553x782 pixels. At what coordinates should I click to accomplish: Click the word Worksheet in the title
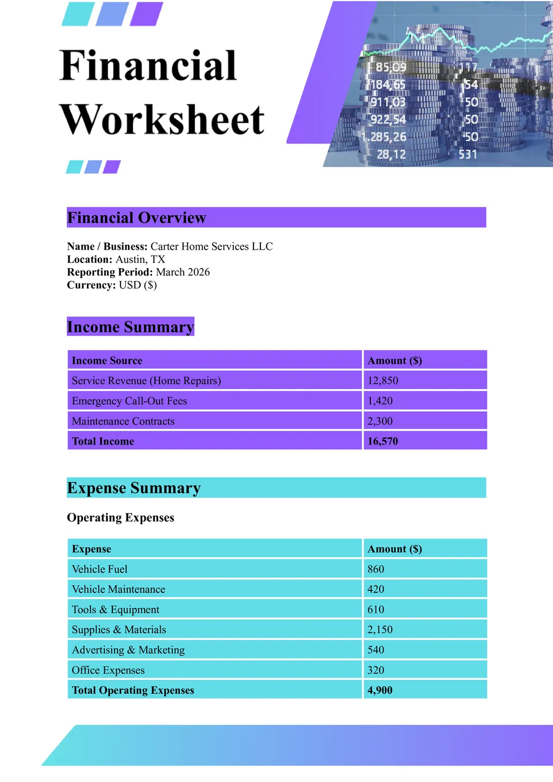pyautogui.click(x=162, y=120)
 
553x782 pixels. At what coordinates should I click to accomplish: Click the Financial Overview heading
pyautogui.click(x=137, y=217)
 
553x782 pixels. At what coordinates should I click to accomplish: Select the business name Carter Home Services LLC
pyautogui.click(x=211, y=246)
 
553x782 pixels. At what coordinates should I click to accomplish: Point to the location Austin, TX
pyautogui.click(x=140, y=260)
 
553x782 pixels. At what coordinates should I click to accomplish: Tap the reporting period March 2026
pyautogui.click(x=183, y=272)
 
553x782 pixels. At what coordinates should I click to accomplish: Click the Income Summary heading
pyautogui.click(x=130, y=327)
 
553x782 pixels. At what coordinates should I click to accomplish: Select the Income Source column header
pyautogui.click(x=107, y=360)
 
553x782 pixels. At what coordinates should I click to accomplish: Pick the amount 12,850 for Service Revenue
pyautogui.click(x=382, y=381)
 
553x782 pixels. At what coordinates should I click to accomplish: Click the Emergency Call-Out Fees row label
pyautogui.click(x=129, y=401)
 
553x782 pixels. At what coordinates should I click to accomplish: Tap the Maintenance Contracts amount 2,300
pyautogui.click(x=380, y=421)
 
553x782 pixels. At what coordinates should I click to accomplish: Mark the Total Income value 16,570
pyautogui.click(x=382, y=441)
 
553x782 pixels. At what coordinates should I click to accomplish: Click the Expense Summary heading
pyautogui.click(x=134, y=488)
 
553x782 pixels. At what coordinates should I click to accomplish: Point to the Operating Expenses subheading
pyautogui.click(x=120, y=517)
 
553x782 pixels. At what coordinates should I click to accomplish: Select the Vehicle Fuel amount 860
pyautogui.click(x=376, y=569)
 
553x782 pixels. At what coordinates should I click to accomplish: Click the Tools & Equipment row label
pyautogui.click(x=115, y=610)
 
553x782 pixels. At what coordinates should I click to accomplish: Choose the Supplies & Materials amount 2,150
pyautogui.click(x=380, y=630)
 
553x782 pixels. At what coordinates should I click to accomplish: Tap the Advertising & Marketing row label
pyautogui.click(x=128, y=650)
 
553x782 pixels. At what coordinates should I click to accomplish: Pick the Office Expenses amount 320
pyautogui.click(x=376, y=670)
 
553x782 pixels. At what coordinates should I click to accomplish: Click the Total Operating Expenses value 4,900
pyautogui.click(x=380, y=690)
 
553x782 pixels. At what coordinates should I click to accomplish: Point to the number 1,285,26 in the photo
pyautogui.click(x=384, y=137)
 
